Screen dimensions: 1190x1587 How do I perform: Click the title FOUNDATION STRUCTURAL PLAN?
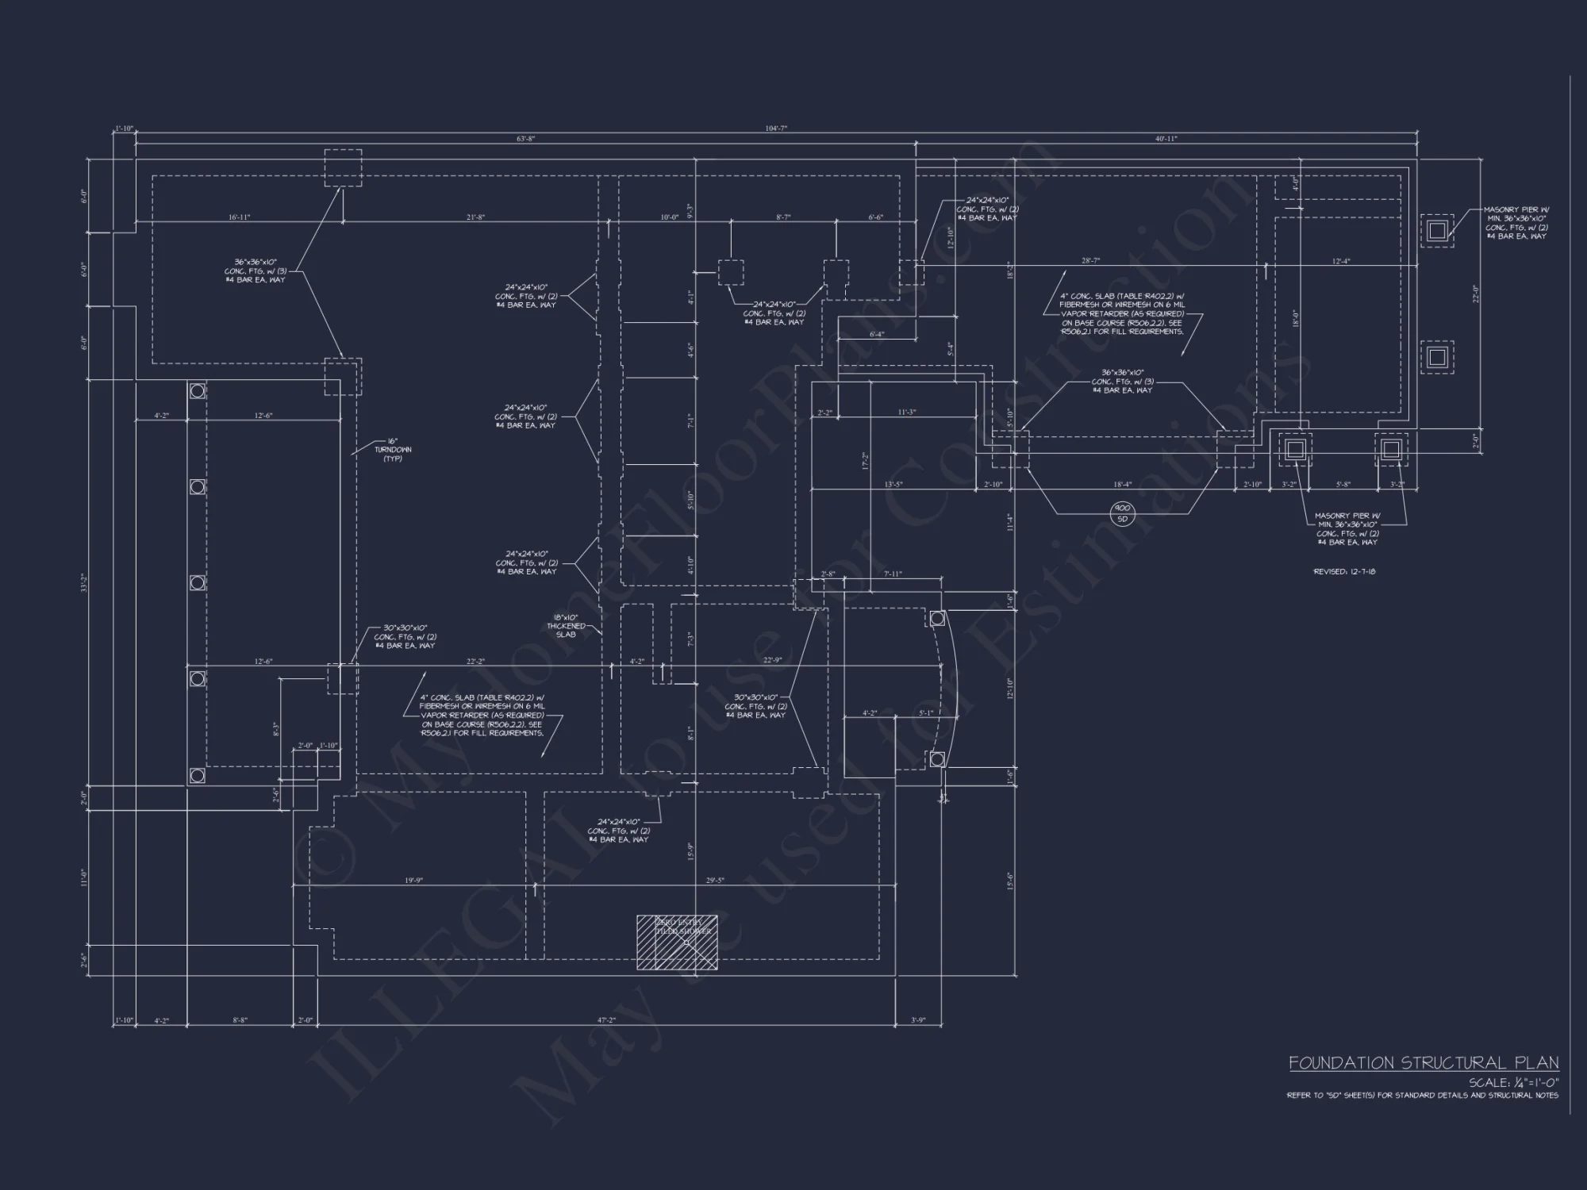[1424, 1063]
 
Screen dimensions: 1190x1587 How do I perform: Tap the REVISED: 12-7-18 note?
[1344, 571]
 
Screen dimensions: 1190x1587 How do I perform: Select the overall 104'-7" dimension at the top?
[776, 129]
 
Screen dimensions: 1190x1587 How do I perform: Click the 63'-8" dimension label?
[526, 139]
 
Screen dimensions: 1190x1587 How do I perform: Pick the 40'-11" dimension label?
[1166, 139]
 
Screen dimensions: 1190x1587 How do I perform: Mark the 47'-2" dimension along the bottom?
[606, 1020]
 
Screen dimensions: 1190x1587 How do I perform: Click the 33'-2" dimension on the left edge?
[83, 583]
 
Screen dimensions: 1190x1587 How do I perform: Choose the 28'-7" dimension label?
[1090, 260]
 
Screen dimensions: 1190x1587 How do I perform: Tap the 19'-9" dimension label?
[413, 881]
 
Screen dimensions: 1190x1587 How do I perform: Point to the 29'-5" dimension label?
[714, 881]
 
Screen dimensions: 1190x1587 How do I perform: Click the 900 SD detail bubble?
[1122, 513]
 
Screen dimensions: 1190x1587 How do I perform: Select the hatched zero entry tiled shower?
[677, 942]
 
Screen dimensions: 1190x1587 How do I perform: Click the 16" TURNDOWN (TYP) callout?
[393, 450]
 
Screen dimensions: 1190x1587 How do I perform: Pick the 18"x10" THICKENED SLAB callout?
[565, 626]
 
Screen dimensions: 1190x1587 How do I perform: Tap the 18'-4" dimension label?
[1122, 484]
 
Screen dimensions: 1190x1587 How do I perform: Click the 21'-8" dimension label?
[475, 217]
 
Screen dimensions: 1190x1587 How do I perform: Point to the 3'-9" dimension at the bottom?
[918, 1020]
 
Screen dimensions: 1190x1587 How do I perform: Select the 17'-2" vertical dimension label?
[865, 461]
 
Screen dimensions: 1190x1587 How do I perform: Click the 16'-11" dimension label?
[239, 217]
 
